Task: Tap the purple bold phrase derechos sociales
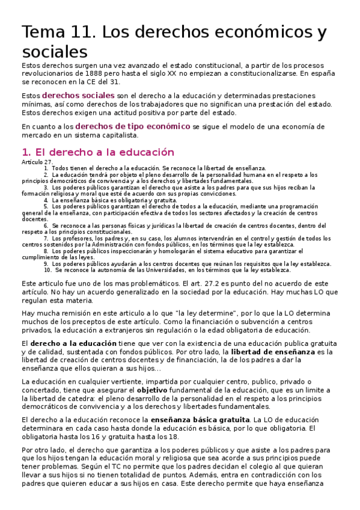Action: pos(78,96)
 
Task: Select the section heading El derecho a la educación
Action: pos(97,152)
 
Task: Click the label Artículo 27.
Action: pos(37,162)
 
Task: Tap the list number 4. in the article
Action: pos(46,200)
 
